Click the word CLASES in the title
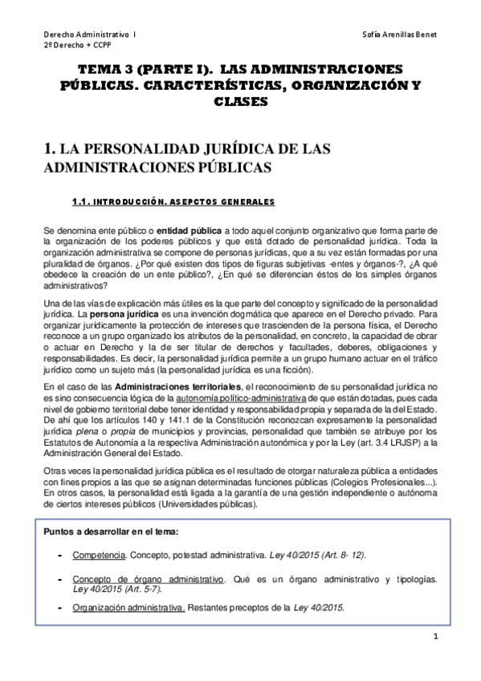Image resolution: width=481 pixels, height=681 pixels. pyautogui.click(x=240, y=103)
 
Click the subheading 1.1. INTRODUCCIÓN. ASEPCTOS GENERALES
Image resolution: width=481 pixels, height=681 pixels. pyautogui.click(x=173, y=202)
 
